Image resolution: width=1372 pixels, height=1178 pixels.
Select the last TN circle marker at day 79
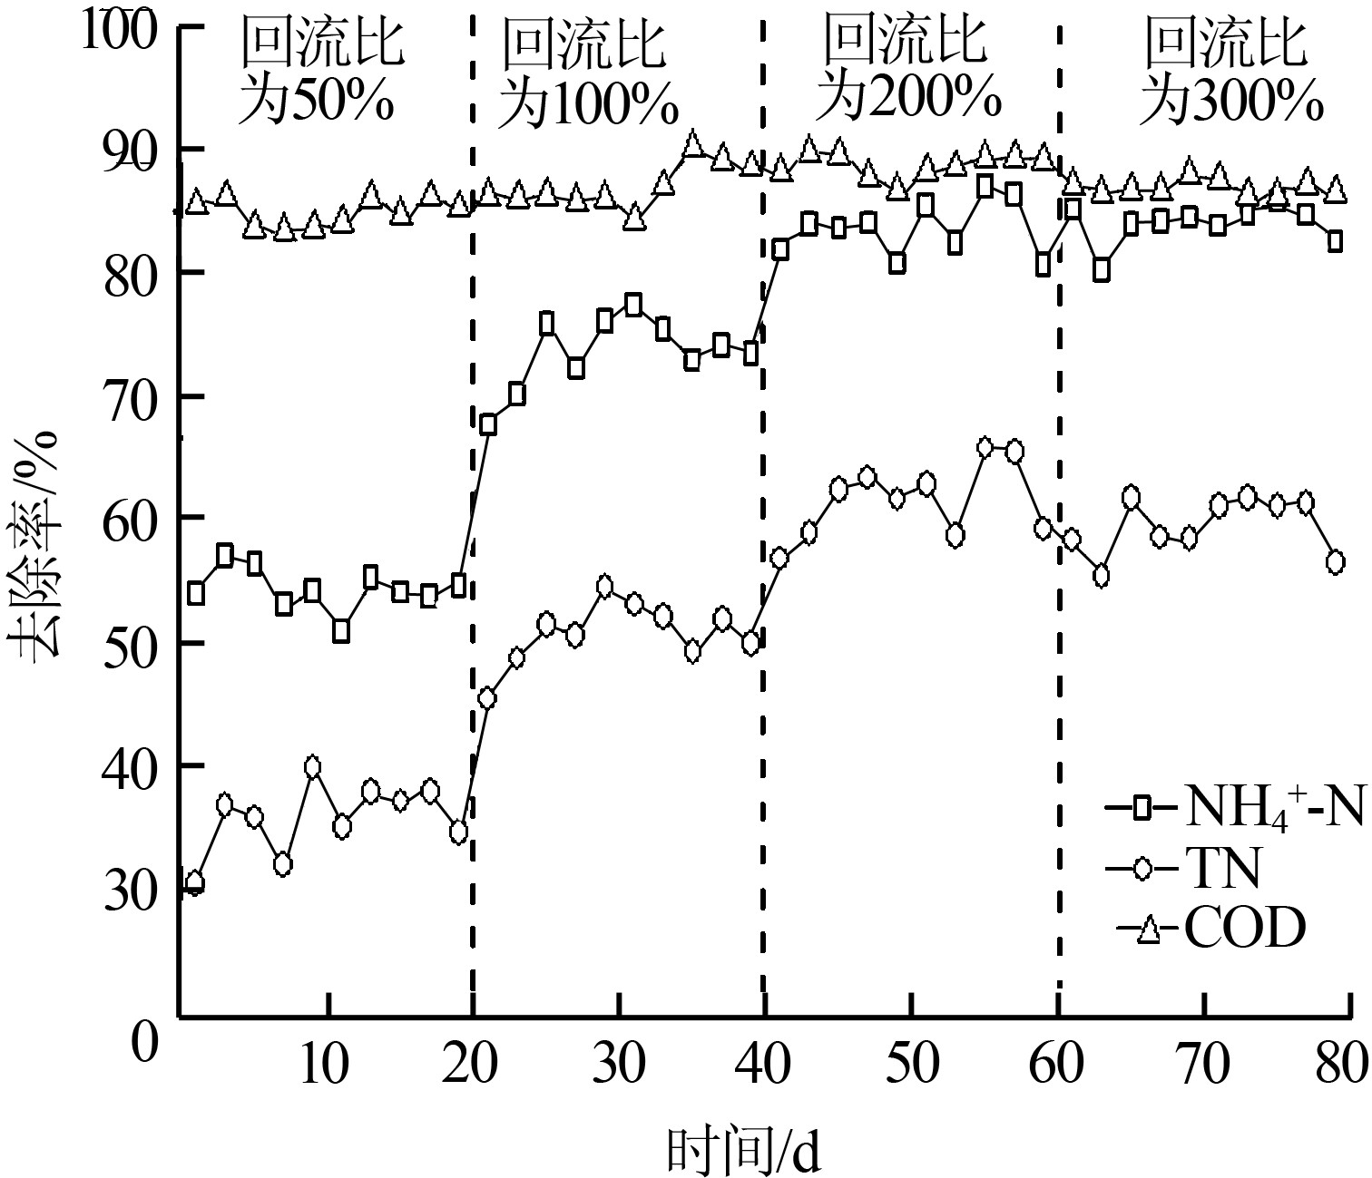click(x=1335, y=562)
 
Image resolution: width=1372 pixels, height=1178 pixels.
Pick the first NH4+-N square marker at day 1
click(x=195, y=594)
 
